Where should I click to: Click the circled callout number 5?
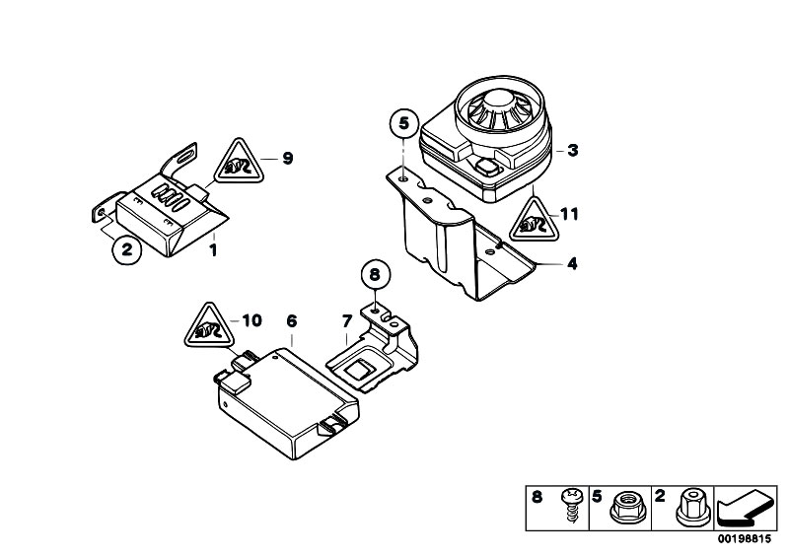(404, 123)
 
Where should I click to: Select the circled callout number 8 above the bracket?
(376, 275)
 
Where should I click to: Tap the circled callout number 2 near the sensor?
(126, 248)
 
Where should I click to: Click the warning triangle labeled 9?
(239, 161)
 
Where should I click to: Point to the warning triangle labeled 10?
(209, 325)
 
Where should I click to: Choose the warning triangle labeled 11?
(535, 220)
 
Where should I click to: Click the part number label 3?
(573, 150)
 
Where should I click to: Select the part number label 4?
(572, 263)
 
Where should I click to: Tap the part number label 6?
(292, 320)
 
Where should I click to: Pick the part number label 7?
(347, 320)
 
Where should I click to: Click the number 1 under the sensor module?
(214, 250)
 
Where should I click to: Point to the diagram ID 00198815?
(744, 539)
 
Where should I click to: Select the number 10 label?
(252, 320)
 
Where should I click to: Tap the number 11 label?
(569, 215)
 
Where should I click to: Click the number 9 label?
(287, 158)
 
